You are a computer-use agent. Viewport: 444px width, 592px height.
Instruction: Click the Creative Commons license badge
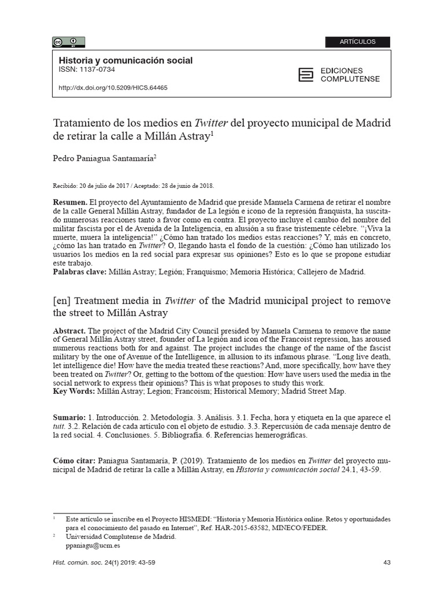(69, 42)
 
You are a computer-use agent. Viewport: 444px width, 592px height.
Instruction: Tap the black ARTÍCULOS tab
(357, 42)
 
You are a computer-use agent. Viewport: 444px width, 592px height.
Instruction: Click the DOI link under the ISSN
(113, 88)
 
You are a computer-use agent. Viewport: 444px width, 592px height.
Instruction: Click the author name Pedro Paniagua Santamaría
(105, 158)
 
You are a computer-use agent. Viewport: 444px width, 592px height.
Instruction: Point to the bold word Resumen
(71, 203)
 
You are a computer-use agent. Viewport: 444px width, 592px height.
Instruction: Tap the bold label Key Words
(73, 391)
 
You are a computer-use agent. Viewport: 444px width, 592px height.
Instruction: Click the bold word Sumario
(69, 417)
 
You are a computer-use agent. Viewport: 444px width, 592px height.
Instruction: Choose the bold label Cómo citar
(73, 461)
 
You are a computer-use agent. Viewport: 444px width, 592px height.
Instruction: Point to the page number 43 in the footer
(387, 563)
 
